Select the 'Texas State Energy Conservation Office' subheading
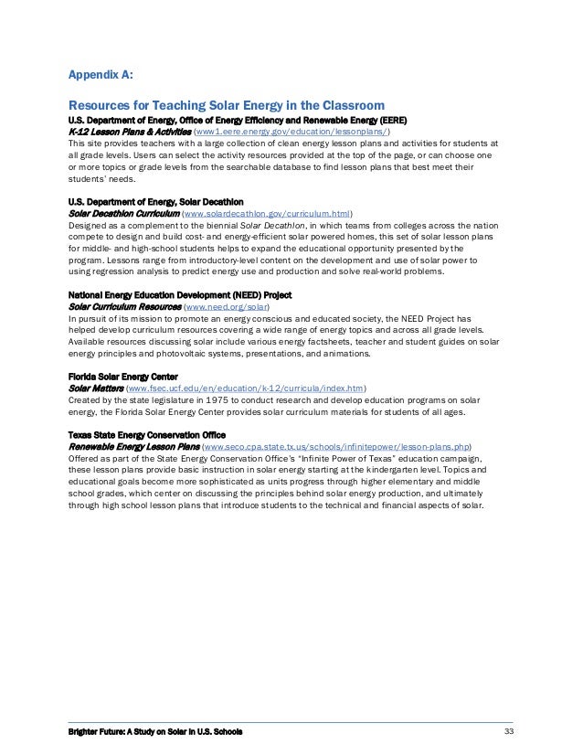click(147, 434)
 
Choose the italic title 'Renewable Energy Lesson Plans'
click(133, 446)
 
